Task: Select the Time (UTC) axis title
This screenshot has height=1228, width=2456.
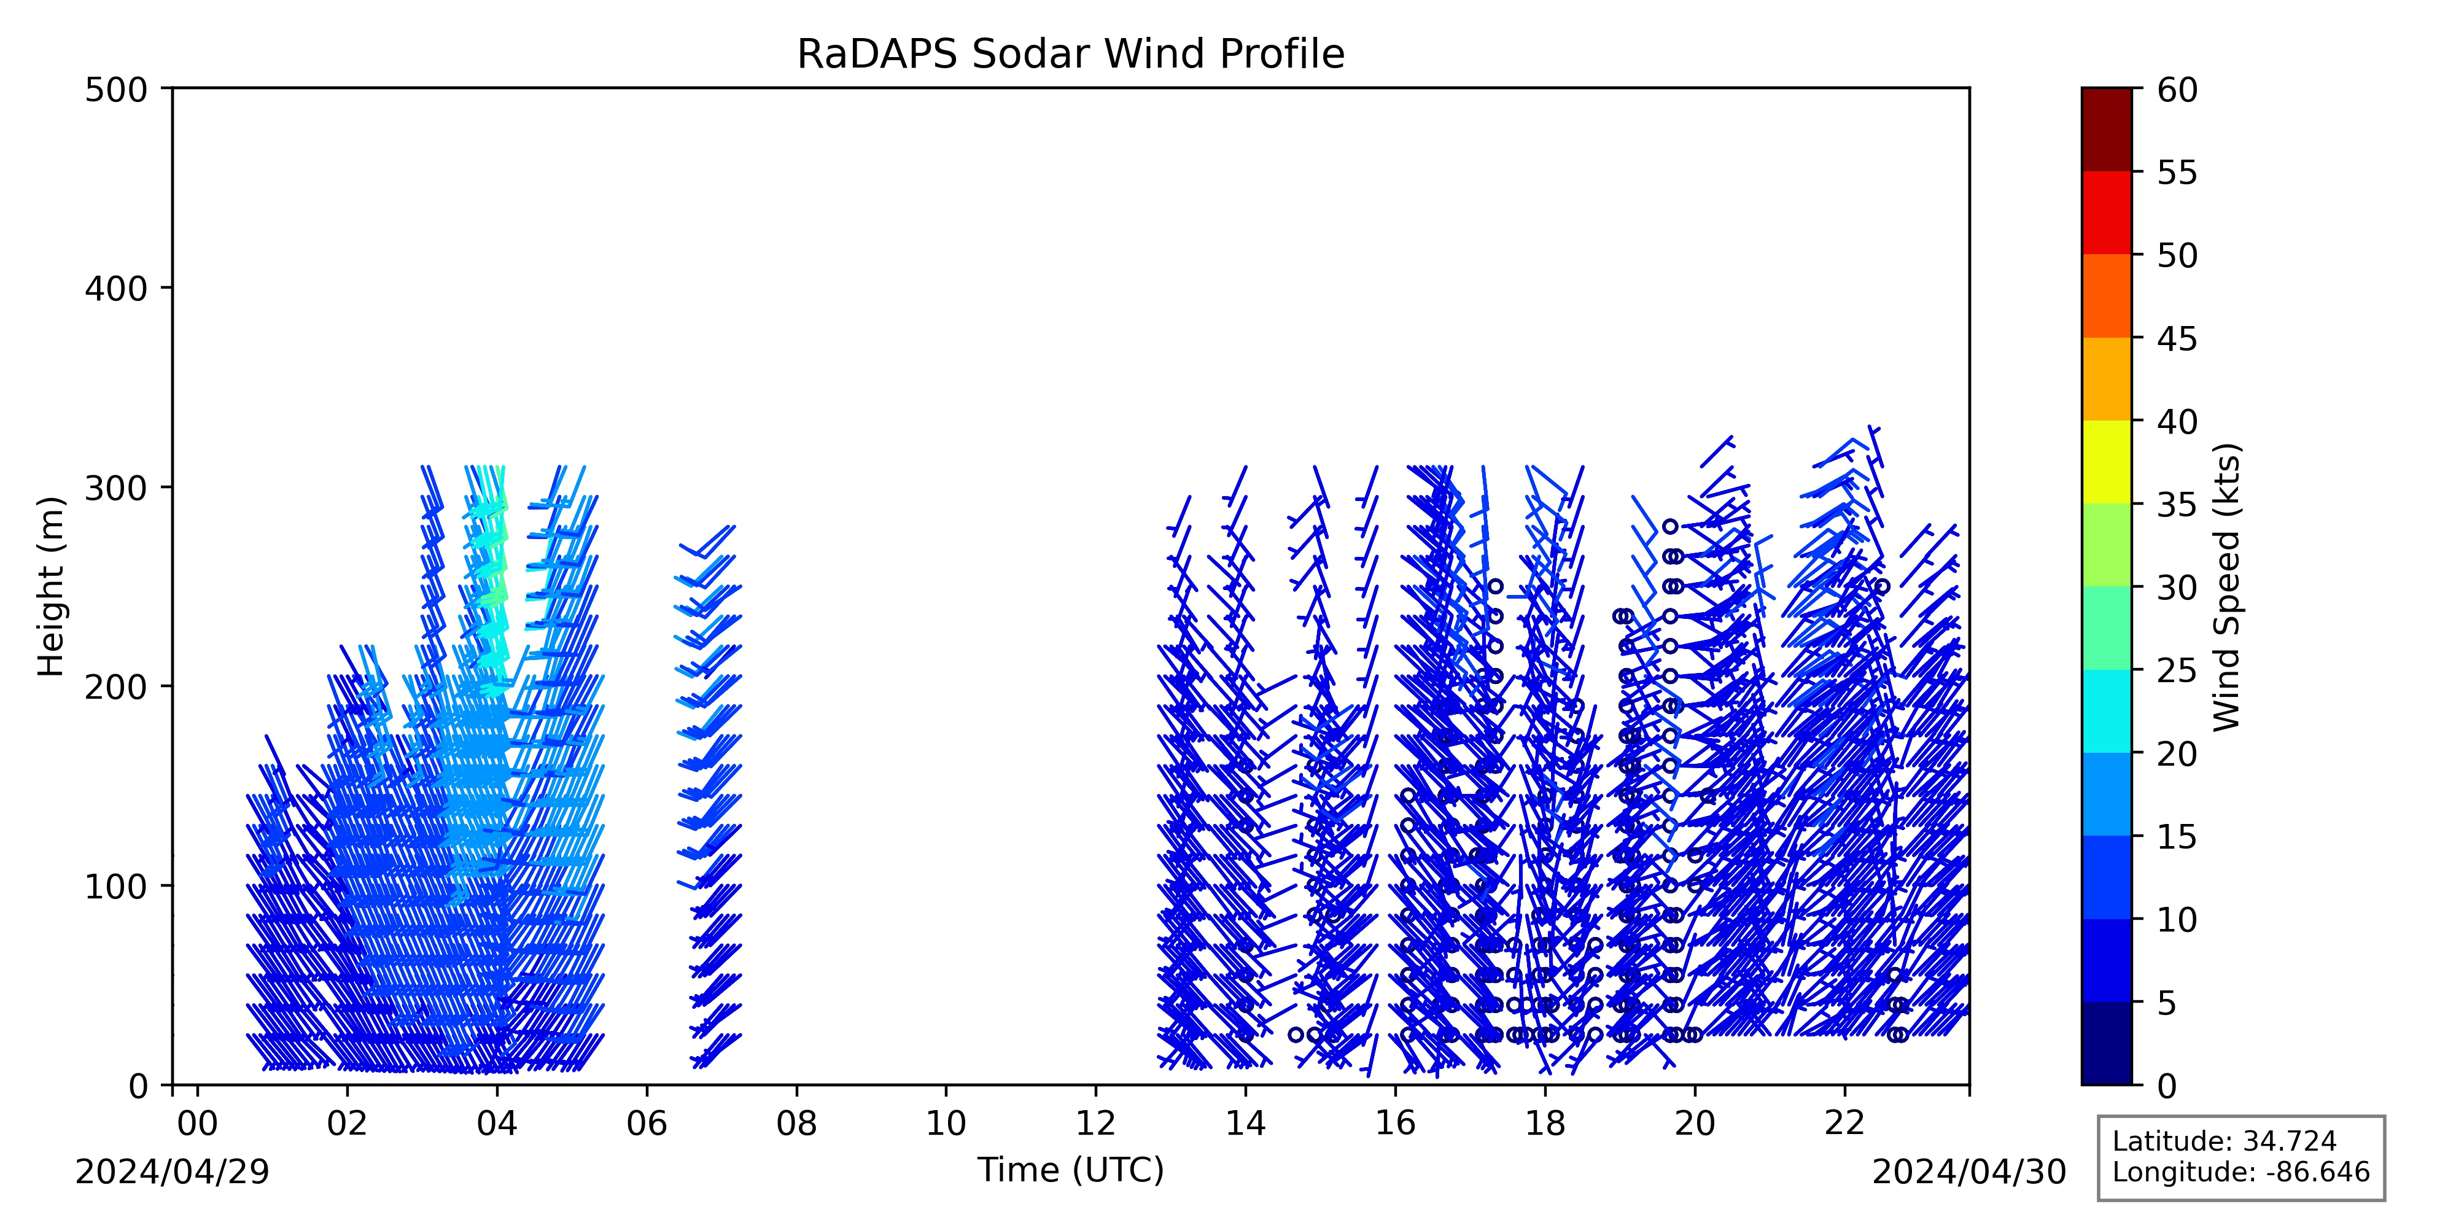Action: click(x=1071, y=1170)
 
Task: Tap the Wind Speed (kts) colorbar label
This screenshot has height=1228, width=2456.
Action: click(x=2226, y=586)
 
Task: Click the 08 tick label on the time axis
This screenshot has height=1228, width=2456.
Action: click(x=797, y=1124)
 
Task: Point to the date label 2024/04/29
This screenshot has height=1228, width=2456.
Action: click(x=173, y=1172)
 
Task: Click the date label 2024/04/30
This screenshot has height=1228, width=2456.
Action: click(x=1970, y=1172)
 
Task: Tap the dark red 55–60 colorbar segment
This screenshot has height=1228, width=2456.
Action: click(x=2106, y=130)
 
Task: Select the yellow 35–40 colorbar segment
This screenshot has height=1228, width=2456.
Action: click(x=2106, y=462)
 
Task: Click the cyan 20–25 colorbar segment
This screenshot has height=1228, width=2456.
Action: click(x=2106, y=711)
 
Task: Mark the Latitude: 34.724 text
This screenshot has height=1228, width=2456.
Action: click(x=2225, y=1141)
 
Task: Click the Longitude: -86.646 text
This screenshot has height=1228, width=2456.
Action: click(x=2240, y=1172)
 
